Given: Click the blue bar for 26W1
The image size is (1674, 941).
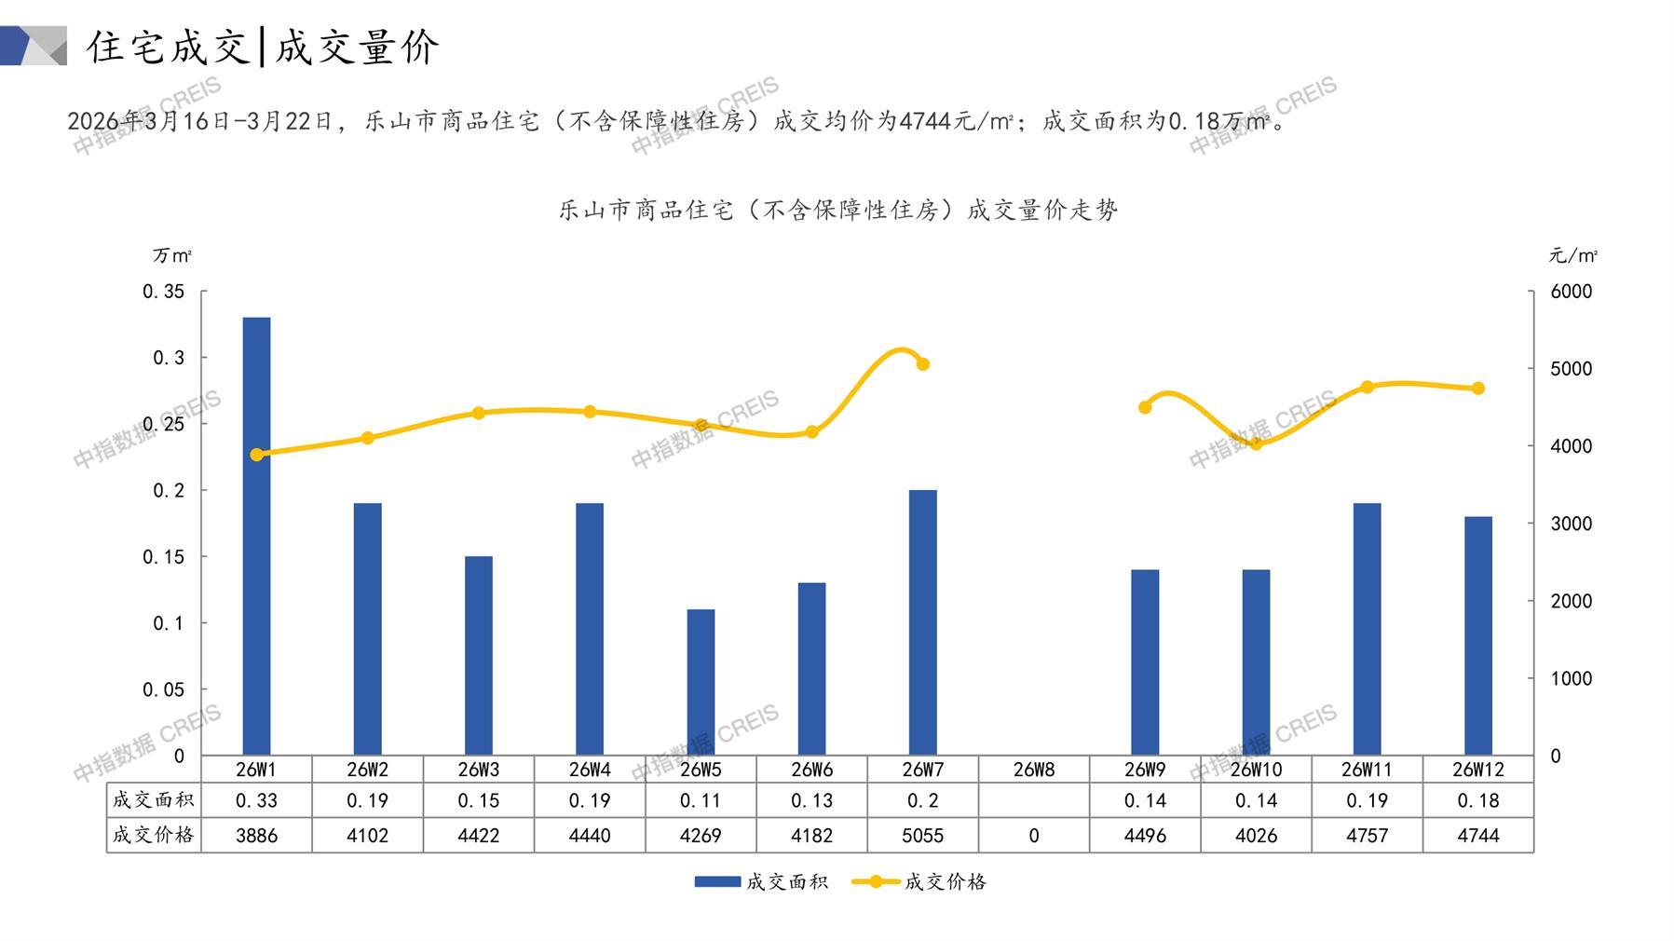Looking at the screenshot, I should (256, 536).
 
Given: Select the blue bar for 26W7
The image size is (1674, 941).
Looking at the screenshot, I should (922, 622).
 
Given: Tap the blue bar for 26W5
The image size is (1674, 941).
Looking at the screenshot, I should (701, 682).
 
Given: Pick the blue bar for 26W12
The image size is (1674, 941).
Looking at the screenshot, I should (1477, 635).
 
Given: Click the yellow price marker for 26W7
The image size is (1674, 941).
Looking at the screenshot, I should (922, 364).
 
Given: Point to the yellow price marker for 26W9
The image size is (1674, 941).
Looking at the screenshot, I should (1145, 407).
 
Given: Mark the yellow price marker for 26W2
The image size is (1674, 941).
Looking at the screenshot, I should (367, 438).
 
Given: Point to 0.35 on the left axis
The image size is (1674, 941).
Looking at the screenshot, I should (164, 292).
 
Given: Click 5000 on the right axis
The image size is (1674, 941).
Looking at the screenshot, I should (1571, 369).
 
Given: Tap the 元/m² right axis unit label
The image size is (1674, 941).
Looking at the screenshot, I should (1572, 255).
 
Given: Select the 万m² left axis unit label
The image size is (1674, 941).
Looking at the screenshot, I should (172, 255).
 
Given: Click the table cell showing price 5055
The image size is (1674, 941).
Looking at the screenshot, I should (922, 836).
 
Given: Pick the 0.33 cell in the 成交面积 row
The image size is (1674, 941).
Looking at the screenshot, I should (256, 800).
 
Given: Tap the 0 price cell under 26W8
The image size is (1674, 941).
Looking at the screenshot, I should (1033, 836).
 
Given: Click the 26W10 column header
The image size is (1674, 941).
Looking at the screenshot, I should (1256, 770).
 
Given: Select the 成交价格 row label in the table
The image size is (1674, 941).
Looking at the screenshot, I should (154, 835).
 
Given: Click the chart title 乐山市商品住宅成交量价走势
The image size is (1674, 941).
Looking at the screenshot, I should (837, 211).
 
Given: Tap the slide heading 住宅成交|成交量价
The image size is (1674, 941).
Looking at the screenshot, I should (263, 47).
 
